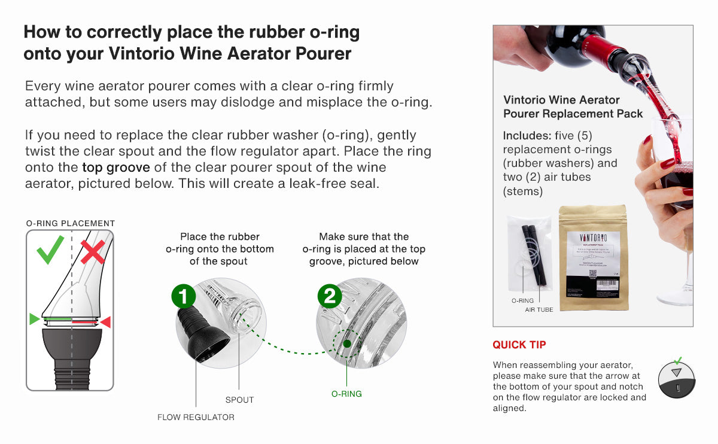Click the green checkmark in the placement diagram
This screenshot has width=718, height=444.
click(50, 250)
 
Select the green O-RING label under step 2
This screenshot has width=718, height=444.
click(346, 394)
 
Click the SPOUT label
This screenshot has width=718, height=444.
click(239, 400)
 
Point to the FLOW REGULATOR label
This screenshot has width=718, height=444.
click(196, 417)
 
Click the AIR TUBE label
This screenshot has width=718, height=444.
click(538, 309)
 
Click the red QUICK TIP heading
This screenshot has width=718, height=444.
click(519, 345)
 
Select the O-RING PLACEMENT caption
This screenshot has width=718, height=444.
click(70, 223)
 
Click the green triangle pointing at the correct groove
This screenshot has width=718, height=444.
click(35, 319)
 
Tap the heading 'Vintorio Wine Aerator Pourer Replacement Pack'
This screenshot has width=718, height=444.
click(573, 107)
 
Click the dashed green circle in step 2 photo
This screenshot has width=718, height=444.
click(345, 344)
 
